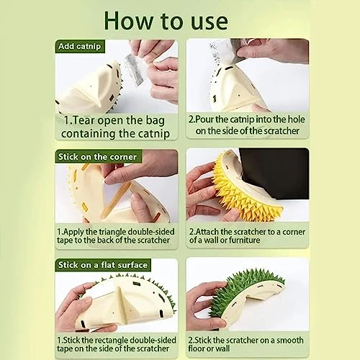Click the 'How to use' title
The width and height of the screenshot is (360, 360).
click(x=166, y=21)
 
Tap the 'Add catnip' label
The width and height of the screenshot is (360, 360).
click(x=80, y=46)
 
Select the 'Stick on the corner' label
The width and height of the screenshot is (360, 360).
click(x=97, y=157)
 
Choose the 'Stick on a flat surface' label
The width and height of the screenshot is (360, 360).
click(x=103, y=265)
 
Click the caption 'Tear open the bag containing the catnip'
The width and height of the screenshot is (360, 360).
click(x=115, y=127)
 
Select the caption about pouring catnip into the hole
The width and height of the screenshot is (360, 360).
click(x=247, y=125)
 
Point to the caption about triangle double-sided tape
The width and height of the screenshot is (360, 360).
click(x=116, y=236)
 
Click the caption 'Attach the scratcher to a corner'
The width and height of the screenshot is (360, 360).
click(x=247, y=236)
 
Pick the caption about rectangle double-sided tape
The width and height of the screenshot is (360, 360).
click(x=117, y=344)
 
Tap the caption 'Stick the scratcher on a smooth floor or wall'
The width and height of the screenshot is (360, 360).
click(x=246, y=344)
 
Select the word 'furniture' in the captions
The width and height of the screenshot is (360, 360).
click(x=244, y=240)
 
